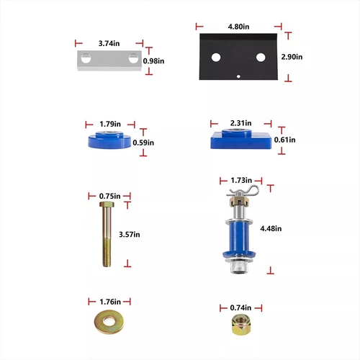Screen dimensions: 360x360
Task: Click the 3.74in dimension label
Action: pyautogui.click(x=109, y=42)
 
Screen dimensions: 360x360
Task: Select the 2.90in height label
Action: pyautogui.click(x=291, y=56)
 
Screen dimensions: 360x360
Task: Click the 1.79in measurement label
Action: pyautogui.click(x=110, y=123)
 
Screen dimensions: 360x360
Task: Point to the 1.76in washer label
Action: pyautogui.click(x=110, y=301)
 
